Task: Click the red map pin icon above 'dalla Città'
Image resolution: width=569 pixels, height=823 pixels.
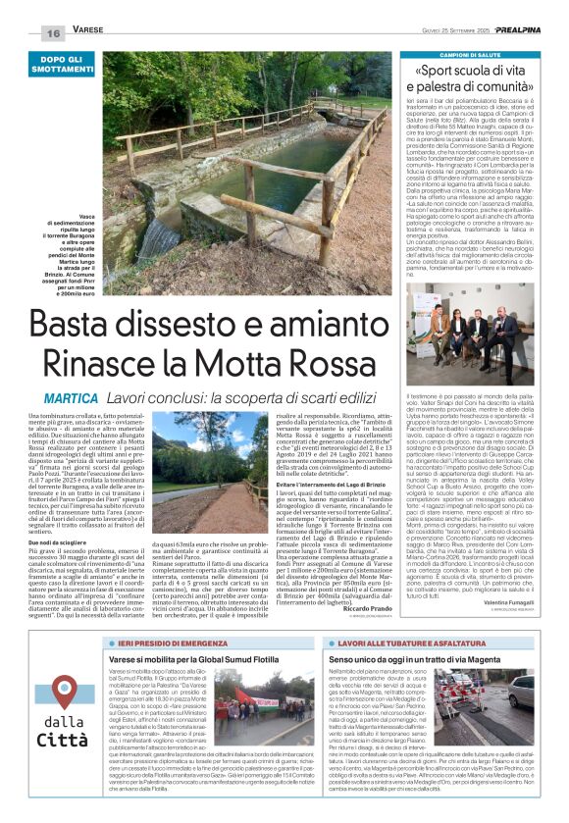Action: click(x=66, y=664)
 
